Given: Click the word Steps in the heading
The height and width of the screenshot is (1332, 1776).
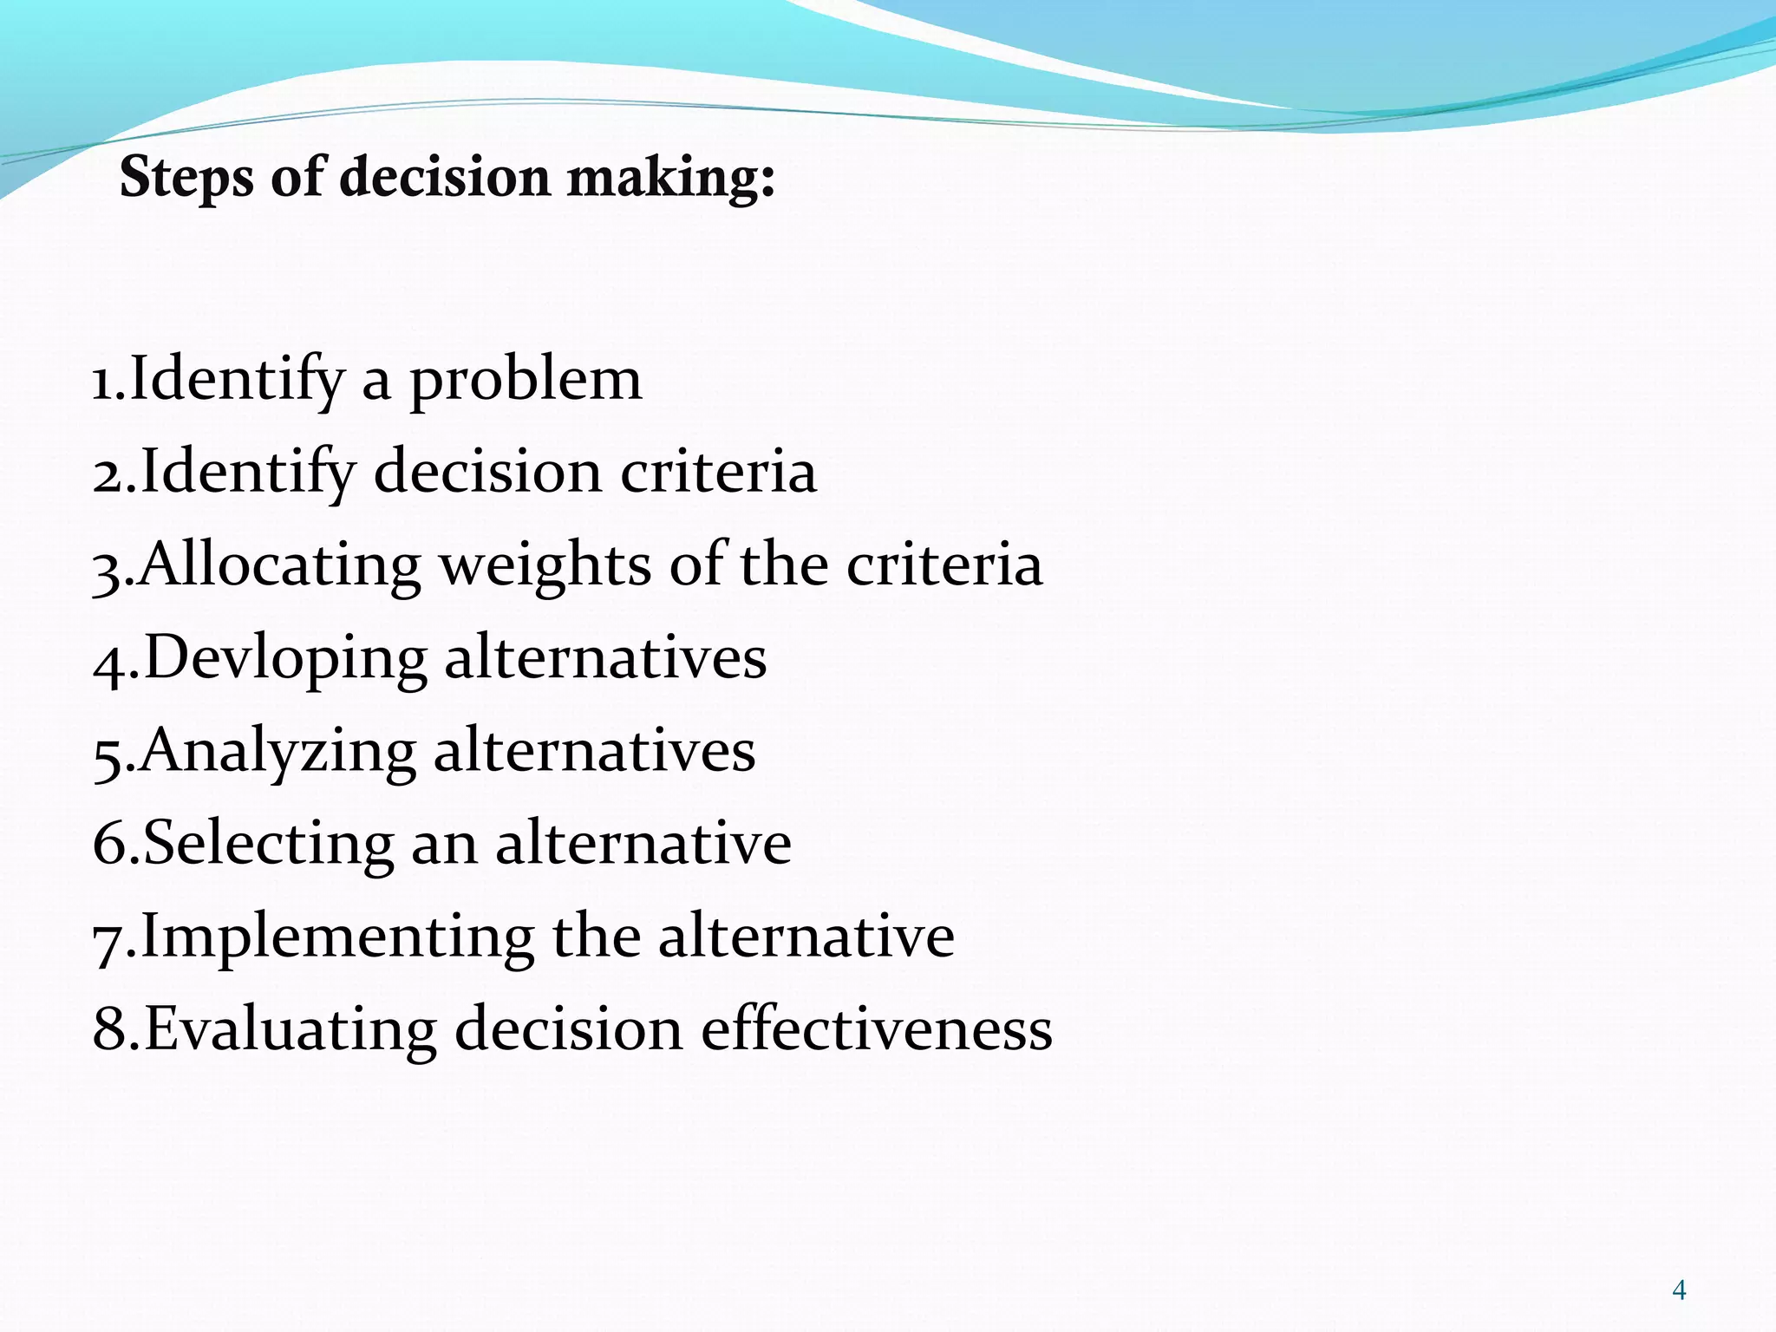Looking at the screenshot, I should [x=186, y=178].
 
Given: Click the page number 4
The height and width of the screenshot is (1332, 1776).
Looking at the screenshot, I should [x=1679, y=1290].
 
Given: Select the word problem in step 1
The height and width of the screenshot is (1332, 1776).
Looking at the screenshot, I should [x=526, y=382].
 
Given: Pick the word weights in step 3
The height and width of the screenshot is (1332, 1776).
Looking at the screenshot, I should [x=545, y=566].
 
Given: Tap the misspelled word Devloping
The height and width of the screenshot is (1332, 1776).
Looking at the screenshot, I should [x=285, y=659].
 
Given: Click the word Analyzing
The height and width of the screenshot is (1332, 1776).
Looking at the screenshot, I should [x=277, y=752].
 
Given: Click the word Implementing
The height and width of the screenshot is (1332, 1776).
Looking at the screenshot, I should [x=337, y=937].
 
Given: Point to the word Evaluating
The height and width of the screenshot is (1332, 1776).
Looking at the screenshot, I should [x=291, y=1029].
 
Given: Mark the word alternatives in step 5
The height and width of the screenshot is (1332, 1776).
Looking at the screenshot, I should [x=594, y=752].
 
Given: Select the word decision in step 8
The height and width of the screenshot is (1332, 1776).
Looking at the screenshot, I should [x=569, y=1029].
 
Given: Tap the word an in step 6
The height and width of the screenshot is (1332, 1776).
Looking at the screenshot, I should [x=443, y=846].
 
